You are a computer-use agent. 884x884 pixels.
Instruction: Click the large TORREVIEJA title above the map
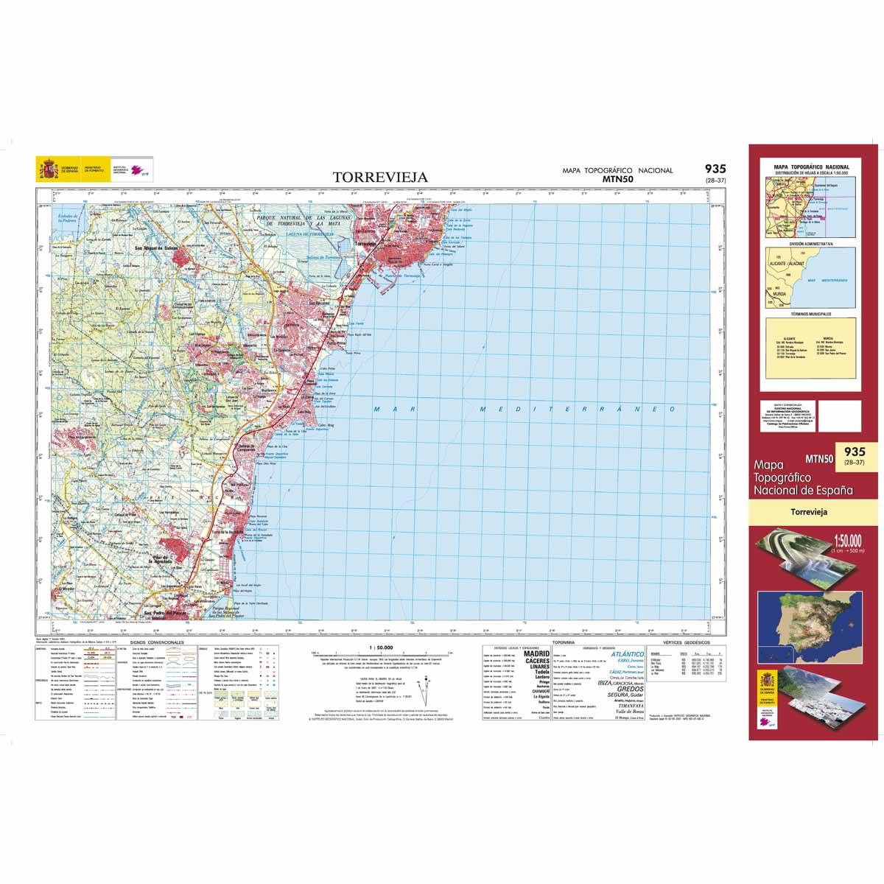coord(379,178)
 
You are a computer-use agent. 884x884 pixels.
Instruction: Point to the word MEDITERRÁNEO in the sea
coord(578,409)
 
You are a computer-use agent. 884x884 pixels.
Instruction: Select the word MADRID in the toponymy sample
coord(536,653)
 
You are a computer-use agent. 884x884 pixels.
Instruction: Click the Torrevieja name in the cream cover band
coord(807,511)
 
